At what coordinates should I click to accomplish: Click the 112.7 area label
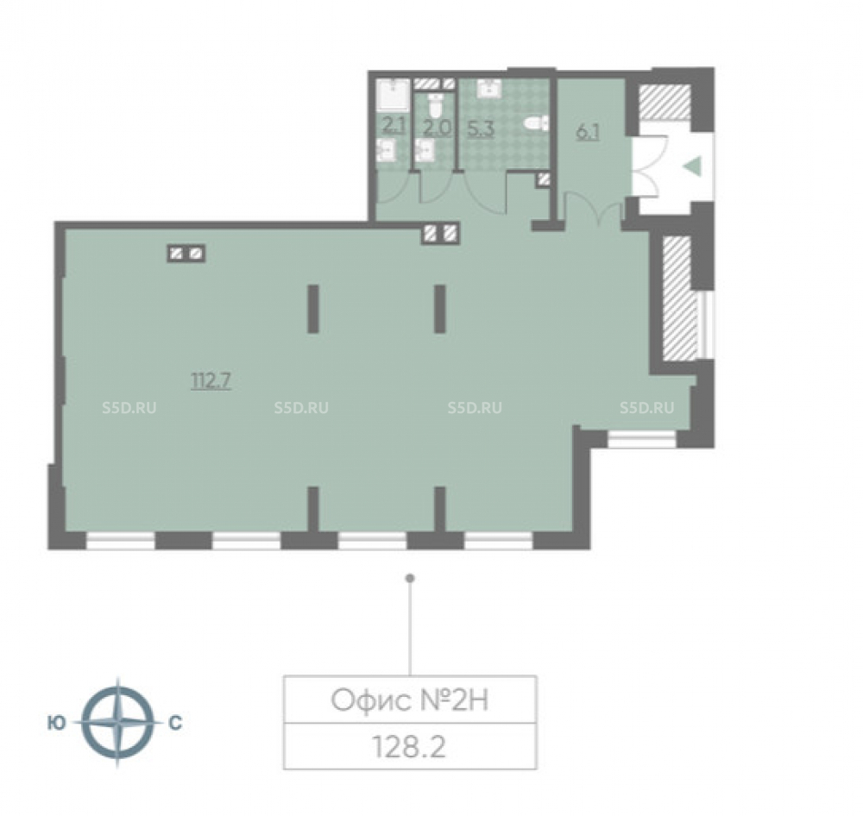pyautogui.click(x=211, y=380)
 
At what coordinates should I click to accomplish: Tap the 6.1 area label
pyautogui.click(x=587, y=132)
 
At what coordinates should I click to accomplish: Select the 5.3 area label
pyautogui.click(x=481, y=129)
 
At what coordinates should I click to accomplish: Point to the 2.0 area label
pyautogui.click(x=437, y=128)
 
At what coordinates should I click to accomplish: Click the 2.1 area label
pyautogui.click(x=394, y=126)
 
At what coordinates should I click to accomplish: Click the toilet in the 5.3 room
pyautogui.click(x=536, y=123)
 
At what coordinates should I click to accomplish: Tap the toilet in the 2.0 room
pyautogui.click(x=435, y=105)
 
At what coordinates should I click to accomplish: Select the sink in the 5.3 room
pyautogui.click(x=488, y=88)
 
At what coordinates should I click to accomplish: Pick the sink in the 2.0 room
pyautogui.click(x=425, y=150)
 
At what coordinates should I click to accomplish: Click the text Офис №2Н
pyautogui.click(x=409, y=700)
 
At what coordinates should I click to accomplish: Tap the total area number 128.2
pyautogui.click(x=409, y=747)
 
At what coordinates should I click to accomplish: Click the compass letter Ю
pyautogui.click(x=57, y=723)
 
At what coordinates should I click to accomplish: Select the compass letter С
pyautogui.click(x=175, y=723)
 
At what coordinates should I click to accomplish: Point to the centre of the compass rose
pyautogui.click(x=117, y=723)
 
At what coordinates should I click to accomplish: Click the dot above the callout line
pyautogui.click(x=409, y=578)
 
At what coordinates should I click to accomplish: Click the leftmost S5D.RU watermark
pyautogui.click(x=129, y=408)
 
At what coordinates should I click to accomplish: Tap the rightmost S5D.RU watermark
pyautogui.click(x=646, y=408)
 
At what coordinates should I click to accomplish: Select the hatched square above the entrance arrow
pyautogui.click(x=665, y=102)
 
